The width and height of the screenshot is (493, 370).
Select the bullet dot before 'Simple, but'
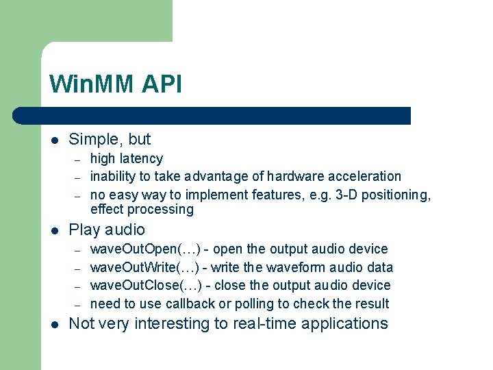(x=54, y=140)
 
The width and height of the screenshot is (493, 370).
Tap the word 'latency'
(x=142, y=159)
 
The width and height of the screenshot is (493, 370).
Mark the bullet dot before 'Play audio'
(x=54, y=230)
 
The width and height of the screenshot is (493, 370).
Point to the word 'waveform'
(x=296, y=267)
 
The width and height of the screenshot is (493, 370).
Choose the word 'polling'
(x=256, y=304)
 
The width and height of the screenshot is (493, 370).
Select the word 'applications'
(x=346, y=324)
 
